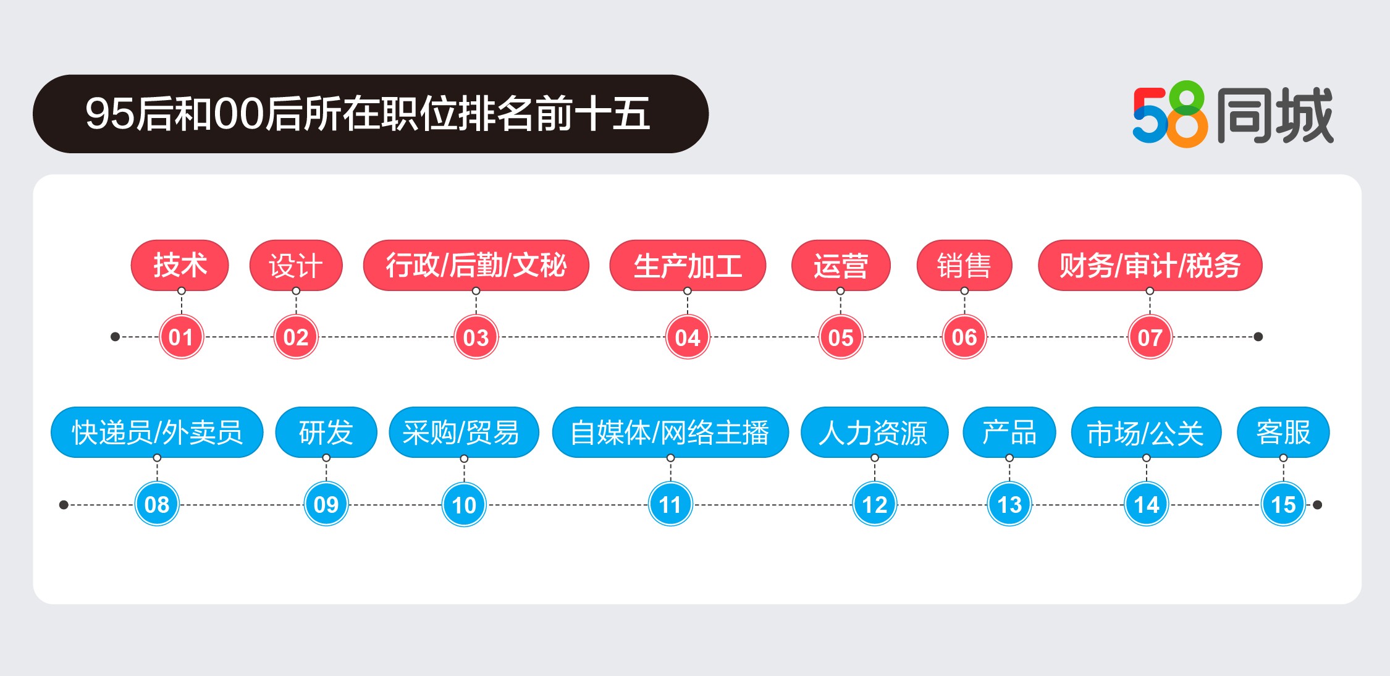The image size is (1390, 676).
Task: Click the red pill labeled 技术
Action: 180,265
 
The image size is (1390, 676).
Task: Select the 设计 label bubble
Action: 296,265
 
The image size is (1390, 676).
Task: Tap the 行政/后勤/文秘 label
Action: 476,265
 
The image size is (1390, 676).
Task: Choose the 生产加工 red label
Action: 688,265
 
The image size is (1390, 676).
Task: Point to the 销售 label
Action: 964,265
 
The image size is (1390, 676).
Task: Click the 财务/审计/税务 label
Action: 1150,265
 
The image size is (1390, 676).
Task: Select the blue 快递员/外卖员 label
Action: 157,432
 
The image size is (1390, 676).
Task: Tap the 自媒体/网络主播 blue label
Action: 670,432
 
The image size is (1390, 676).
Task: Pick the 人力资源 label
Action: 874,432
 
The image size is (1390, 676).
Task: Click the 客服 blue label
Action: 1283,432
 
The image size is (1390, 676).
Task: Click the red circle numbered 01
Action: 181,337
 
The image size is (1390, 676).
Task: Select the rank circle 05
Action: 841,337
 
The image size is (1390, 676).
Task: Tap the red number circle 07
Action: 1150,337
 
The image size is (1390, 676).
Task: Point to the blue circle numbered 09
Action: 326,504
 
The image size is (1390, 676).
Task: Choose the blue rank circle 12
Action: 874,504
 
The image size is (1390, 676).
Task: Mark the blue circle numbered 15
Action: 1283,504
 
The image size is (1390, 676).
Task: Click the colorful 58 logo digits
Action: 1169,115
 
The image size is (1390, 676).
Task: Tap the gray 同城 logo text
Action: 1275,115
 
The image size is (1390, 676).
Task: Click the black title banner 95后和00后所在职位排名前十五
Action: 370,114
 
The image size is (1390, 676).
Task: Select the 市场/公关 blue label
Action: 1146,432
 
